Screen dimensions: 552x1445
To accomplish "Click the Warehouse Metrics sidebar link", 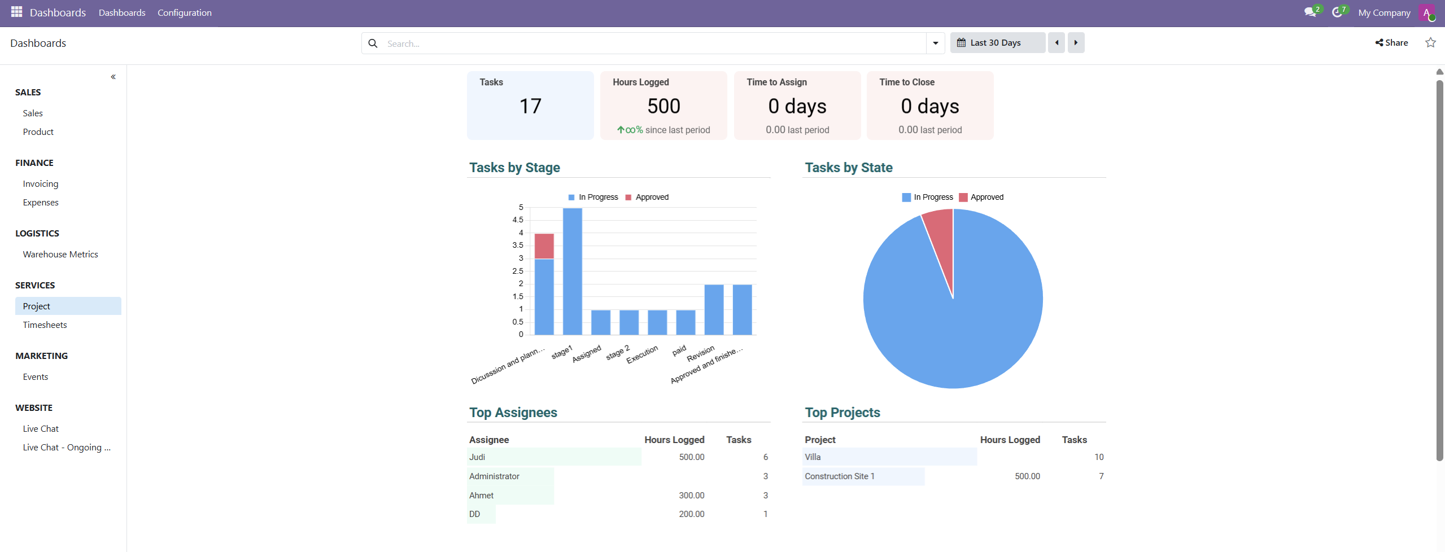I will tap(60, 255).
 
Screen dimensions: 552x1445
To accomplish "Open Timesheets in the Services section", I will tap(45, 325).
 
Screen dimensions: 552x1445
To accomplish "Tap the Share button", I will tap(1391, 43).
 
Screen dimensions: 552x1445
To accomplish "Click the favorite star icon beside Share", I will tap(1430, 43).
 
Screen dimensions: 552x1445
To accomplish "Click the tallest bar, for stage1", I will tap(572, 271).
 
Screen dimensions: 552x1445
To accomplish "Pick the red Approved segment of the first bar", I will tap(544, 246).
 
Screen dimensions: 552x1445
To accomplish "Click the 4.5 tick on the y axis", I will tap(518, 220).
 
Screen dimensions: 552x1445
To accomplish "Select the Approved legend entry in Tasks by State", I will tap(986, 198).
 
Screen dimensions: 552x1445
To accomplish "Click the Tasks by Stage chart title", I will tap(514, 168).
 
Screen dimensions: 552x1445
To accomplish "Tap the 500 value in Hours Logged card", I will tap(663, 107).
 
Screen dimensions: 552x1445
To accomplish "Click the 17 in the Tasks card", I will tap(530, 107).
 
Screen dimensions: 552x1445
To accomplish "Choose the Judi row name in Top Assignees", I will tap(477, 457).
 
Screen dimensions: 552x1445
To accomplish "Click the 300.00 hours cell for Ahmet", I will tap(691, 496).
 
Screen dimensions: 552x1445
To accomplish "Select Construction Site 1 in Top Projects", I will tap(839, 476).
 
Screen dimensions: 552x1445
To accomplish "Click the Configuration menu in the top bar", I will tap(184, 13).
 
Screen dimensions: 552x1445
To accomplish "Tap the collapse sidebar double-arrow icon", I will tap(113, 77).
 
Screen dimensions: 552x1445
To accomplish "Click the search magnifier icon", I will tap(373, 43).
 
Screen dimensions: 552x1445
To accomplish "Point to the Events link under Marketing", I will tap(36, 377).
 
